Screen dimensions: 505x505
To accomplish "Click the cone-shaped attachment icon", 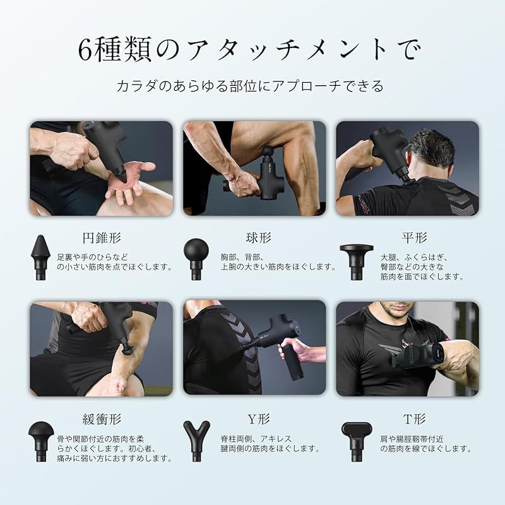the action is pos(40,258).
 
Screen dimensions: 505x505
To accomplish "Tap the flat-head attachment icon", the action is pos(357,261).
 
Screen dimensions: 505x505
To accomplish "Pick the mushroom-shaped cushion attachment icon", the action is pos(41,441).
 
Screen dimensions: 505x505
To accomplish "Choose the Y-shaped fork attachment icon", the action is pos(196,440).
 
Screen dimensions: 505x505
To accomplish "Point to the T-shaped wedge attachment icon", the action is pos(357,441).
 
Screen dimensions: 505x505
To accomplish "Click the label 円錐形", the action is pos(102,239).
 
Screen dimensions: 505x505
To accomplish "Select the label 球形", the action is pos(258,239).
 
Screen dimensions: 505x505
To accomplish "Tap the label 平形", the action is pos(414,239).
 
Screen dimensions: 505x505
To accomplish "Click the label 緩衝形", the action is pos(102,419).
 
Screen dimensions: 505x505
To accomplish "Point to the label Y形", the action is pos(258,419).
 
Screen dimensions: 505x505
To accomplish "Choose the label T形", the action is pos(414,419).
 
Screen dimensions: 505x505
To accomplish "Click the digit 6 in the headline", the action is pos(85,50).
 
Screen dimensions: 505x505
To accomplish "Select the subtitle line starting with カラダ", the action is pos(250,86).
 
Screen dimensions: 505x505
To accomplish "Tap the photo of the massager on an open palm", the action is pos(101,169).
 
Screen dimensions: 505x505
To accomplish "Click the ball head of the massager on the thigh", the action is pos(268,151).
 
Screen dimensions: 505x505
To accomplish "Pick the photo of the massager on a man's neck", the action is pos(407,169).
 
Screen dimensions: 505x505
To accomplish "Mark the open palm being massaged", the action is pos(131,181).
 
